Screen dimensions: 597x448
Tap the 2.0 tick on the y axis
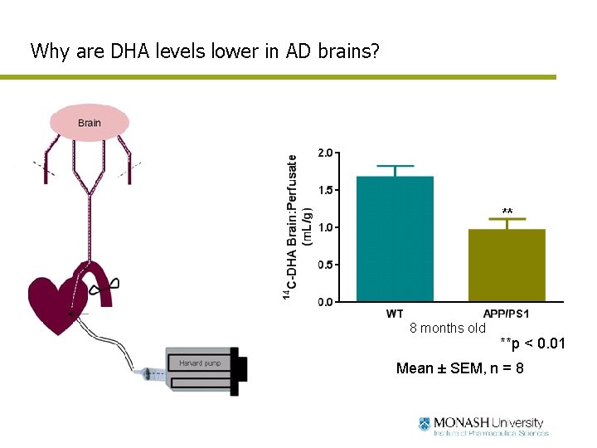click(x=326, y=153)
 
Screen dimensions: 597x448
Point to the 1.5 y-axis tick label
click(x=326, y=190)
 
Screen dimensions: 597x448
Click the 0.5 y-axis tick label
click(x=326, y=265)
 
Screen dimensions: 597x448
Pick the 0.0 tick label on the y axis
click(x=326, y=302)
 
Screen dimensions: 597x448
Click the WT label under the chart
click(x=396, y=314)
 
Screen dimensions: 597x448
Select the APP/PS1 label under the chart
click(x=506, y=314)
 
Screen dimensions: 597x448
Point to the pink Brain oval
click(x=90, y=123)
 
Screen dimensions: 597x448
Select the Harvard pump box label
click(x=200, y=363)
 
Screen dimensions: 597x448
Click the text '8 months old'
click(x=448, y=328)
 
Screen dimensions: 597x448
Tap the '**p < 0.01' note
click(x=532, y=343)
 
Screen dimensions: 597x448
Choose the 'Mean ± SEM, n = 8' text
click(x=459, y=368)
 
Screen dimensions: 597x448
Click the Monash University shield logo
click(x=425, y=424)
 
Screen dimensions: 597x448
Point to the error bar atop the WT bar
click(x=395, y=170)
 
